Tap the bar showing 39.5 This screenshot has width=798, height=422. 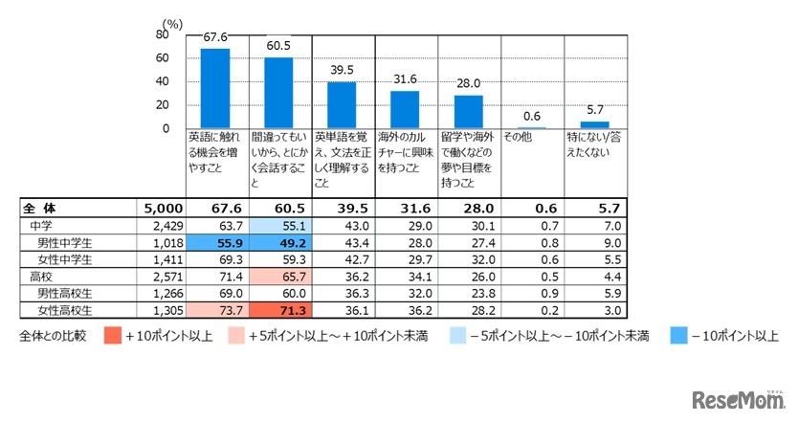pos(342,105)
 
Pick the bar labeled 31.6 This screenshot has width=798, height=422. pos(405,109)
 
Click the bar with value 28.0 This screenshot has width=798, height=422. pos(468,112)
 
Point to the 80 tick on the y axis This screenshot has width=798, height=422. pos(164,34)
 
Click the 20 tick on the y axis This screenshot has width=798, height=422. pos(164,105)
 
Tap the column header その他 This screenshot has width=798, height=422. pos(518,137)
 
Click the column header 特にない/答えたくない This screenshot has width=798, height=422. pos(594,144)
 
